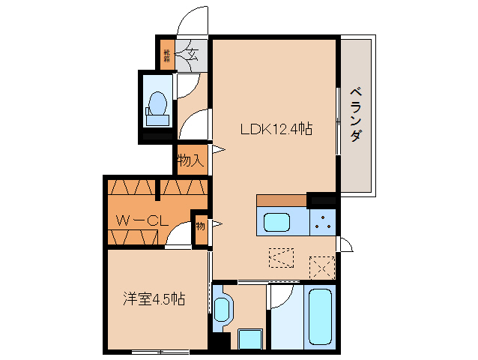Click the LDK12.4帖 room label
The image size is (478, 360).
pyautogui.click(x=276, y=129)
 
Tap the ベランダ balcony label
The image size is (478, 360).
pyautogui.click(x=357, y=114)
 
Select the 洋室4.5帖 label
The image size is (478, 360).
pyautogui.click(x=154, y=299)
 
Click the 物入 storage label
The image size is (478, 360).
pyautogui.click(x=191, y=160)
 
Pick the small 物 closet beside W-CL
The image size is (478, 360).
pyautogui.click(x=200, y=225)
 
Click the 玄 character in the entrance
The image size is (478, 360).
pyautogui.click(x=192, y=54)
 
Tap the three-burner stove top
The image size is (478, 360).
pyautogui.click(x=324, y=221)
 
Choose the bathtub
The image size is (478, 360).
pyautogui.click(x=319, y=316)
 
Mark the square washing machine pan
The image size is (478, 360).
pyautogui.click(x=249, y=339)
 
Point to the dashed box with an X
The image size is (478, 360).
pyautogui.click(x=321, y=265)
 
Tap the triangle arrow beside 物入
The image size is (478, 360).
pyautogui.click(x=219, y=150)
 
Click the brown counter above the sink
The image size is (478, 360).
pyautogui.click(x=281, y=200)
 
